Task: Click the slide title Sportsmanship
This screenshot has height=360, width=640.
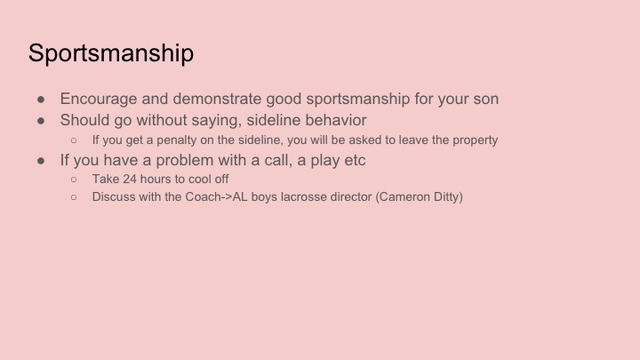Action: pos(111,53)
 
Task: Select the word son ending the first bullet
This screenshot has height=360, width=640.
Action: pos(485,100)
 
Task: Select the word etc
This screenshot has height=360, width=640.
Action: pos(355,160)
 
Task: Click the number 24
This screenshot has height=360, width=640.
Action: pos(130,179)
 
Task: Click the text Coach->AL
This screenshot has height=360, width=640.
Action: pos(216,196)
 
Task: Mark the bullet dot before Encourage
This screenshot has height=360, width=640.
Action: pos(41,100)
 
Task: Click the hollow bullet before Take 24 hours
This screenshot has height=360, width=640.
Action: pos(74,180)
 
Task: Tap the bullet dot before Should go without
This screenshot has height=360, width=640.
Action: pos(41,120)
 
